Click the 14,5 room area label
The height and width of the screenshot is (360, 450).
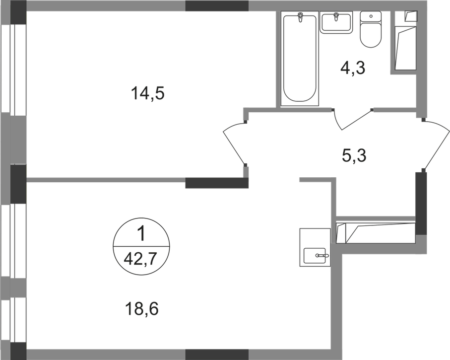(x=147, y=94)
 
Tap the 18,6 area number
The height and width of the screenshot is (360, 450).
(x=142, y=309)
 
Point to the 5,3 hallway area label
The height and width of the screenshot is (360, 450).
(x=354, y=156)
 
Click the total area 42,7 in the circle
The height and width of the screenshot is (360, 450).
(x=140, y=260)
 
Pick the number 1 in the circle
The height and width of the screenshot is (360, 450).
(x=141, y=233)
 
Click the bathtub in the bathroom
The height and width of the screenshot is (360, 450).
(x=300, y=58)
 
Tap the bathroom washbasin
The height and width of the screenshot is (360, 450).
(x=336, y=22)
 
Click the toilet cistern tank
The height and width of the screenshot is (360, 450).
(x=371, y=17)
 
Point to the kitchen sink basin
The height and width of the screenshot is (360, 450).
(x=315, y=256)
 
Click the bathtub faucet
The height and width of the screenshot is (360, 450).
(x=300, y=17)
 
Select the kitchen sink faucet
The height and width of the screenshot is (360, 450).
(x=323, y=255)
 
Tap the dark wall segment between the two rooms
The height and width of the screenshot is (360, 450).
(x=217, y=183)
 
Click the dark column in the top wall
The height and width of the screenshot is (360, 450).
(x=217, y=6)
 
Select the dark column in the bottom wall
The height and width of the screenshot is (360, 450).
(x=217, y=355)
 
